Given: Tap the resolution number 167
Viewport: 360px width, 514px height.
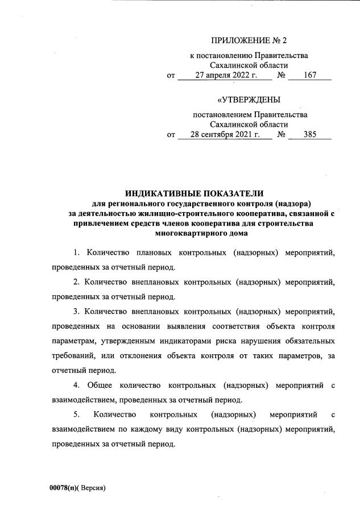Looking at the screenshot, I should point(310,75).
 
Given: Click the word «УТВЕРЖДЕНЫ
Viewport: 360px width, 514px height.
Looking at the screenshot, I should point(249,100).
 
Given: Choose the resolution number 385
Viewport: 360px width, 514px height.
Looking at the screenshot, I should point(310,135).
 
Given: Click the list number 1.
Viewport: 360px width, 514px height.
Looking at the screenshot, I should point(76,252).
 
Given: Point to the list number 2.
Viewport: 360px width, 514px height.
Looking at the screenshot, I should point(76,281).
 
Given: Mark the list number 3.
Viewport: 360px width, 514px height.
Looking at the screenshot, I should point(76,311).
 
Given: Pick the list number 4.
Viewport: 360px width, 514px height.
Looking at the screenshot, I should point(76,385).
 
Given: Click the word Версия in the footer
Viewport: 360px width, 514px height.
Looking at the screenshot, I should point(93,488).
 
